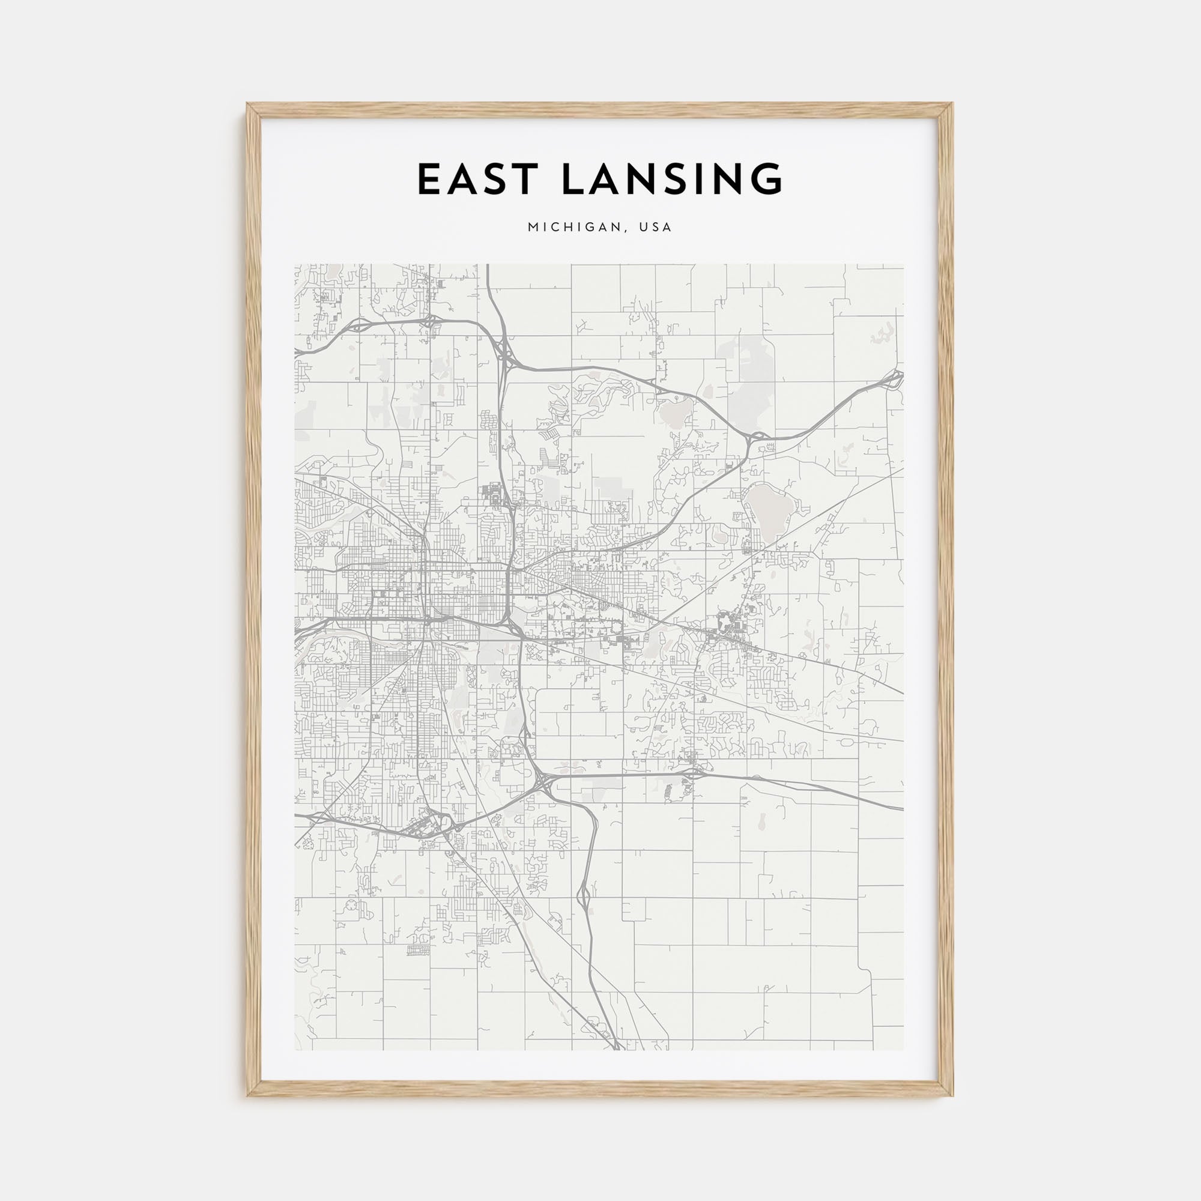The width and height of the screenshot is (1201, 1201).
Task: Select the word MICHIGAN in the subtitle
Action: pos(572,228)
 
